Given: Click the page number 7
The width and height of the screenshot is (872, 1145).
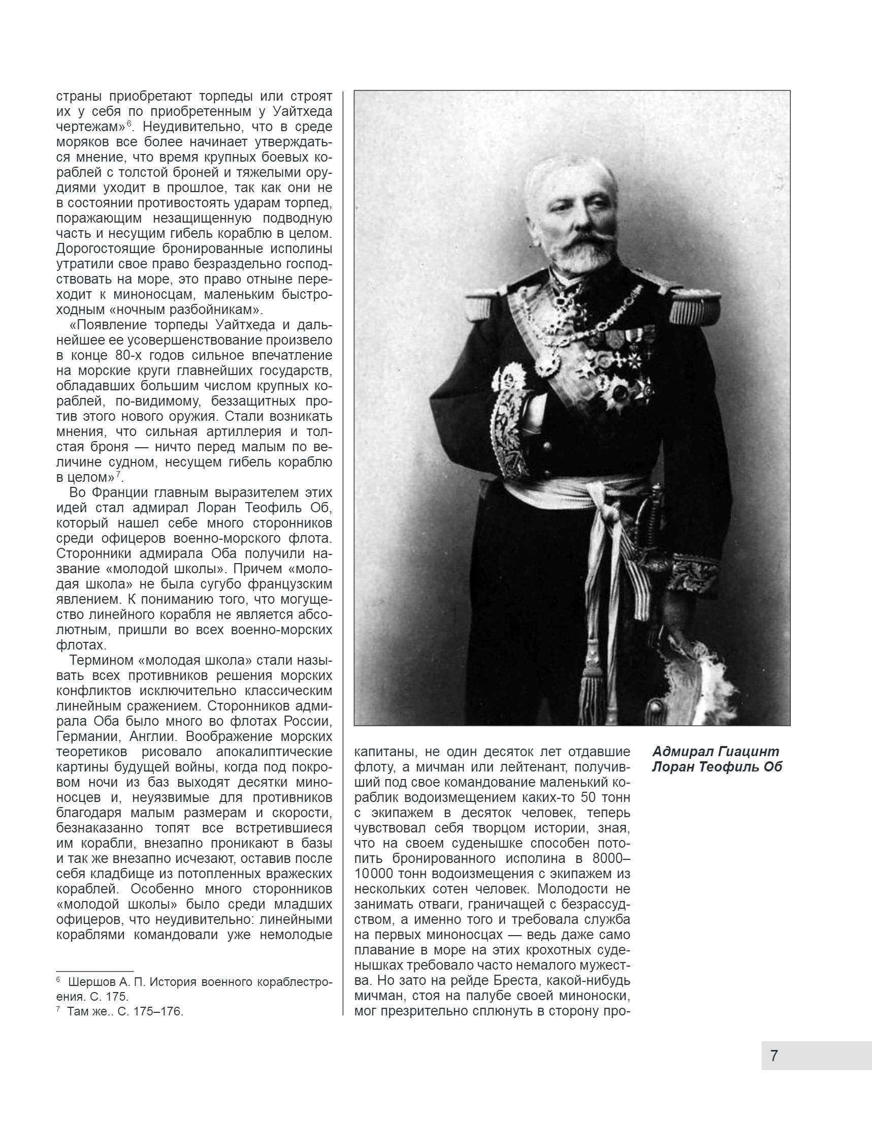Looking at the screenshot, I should coord(774,1055).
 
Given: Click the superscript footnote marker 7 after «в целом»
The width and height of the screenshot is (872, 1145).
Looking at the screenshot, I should coord(118,474).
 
